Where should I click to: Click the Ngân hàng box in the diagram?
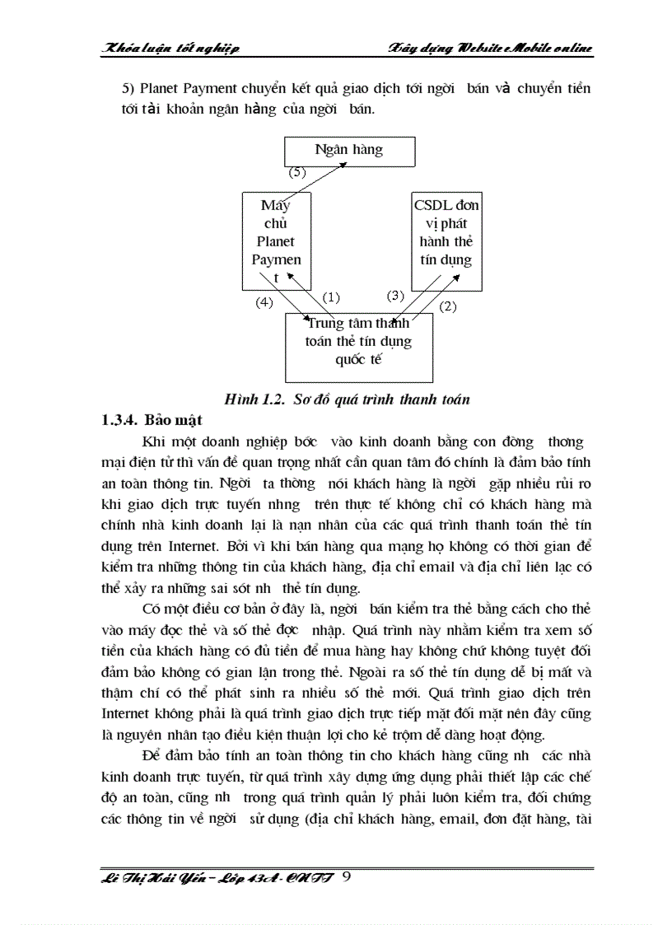350,151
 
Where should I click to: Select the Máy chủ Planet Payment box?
276,241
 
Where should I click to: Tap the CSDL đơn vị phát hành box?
446,241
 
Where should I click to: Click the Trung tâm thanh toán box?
358,346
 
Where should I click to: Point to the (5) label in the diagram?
297,174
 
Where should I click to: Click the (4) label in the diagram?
264,302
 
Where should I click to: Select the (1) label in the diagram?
331,297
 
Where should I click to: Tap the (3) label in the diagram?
396,295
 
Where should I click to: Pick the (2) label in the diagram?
448,306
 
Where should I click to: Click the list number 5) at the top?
128,88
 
